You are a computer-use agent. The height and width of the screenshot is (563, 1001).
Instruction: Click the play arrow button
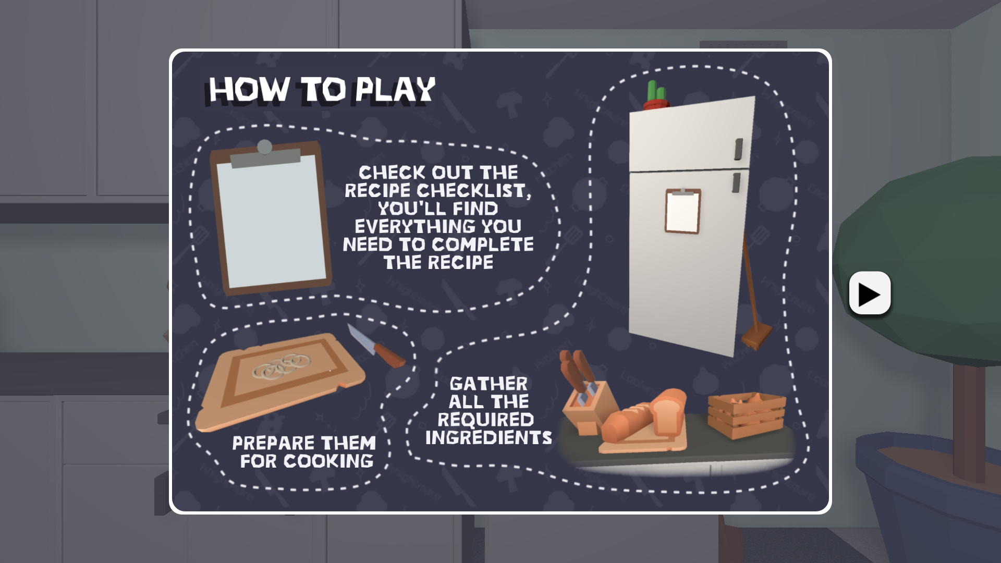tap(870, 293)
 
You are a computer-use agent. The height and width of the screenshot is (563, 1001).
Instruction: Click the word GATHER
tap(489, 384)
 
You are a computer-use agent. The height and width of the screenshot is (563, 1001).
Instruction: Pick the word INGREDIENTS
tap(489, 437)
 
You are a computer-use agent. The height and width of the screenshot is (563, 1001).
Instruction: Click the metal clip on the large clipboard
tap(265, 154)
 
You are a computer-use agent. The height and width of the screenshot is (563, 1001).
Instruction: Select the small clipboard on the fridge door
tap(682, 211)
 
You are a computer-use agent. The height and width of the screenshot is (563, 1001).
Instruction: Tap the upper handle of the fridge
tap(738, 149)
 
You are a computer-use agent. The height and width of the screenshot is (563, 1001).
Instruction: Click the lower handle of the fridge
tap(736, 182)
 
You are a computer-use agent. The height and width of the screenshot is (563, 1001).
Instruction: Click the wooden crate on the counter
tap(747, 415)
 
